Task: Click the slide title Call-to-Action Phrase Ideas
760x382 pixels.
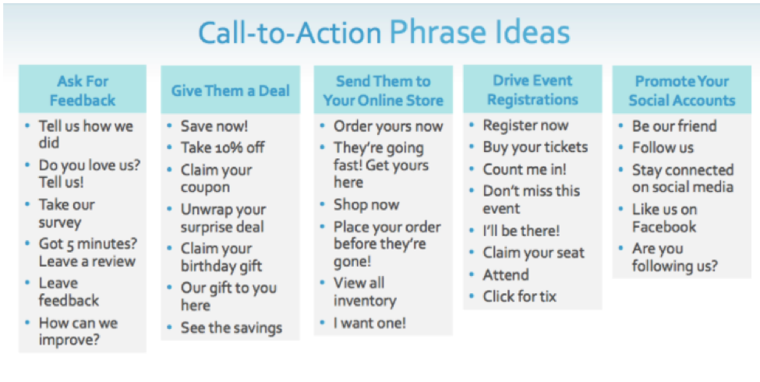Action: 384,33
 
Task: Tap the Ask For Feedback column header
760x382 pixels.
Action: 83,90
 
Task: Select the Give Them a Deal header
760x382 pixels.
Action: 230,90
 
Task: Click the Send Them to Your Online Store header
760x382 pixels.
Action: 383,90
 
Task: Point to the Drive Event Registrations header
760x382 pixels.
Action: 532,90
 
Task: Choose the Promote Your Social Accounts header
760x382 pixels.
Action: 682,90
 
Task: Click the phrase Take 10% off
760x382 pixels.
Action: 222,147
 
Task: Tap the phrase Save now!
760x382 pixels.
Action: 214,126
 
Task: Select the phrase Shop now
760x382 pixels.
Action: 366,204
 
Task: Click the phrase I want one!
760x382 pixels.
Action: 369,323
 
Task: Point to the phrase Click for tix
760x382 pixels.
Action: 520,296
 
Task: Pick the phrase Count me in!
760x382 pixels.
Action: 525,169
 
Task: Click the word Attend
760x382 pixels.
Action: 506,275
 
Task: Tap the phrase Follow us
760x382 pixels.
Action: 663,147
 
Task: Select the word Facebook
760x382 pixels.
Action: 664,226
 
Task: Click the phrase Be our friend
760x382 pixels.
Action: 674,126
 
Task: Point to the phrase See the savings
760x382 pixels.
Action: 232,327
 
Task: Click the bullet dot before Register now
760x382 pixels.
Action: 472,126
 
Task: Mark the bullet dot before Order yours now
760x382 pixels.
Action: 323,126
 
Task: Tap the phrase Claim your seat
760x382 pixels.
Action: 534,253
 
